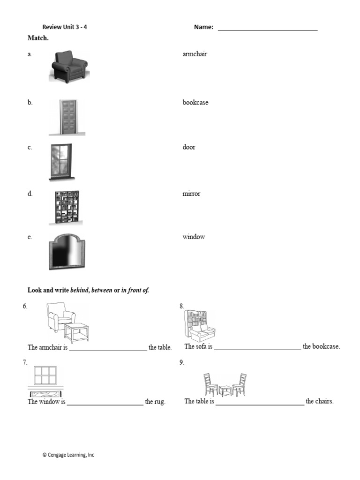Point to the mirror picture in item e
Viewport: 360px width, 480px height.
67,253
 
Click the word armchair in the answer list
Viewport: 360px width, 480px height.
195,54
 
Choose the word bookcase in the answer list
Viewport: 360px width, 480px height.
195,102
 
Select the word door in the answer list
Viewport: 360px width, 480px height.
189,147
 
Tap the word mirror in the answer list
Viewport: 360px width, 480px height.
191,194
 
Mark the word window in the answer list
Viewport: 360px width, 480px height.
194,237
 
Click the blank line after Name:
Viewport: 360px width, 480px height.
268,29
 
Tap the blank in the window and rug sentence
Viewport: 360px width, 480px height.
105,403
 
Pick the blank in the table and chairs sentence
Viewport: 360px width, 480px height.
260,402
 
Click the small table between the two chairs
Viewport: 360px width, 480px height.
225,390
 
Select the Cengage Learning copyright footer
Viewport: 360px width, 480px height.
68,455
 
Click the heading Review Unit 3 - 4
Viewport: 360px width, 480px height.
65,27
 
